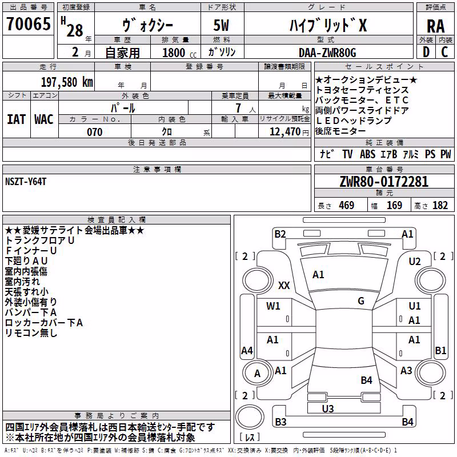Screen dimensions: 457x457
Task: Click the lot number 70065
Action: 28,23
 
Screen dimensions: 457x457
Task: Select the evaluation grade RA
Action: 435,26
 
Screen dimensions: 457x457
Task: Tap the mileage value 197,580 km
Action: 67,82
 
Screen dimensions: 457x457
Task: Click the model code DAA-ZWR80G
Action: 327,53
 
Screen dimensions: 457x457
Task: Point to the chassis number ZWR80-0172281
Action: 384,182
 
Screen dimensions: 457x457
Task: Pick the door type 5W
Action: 221,25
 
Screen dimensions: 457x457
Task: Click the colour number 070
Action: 95,132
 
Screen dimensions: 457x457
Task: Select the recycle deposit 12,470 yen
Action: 289,132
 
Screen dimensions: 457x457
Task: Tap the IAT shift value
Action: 17,119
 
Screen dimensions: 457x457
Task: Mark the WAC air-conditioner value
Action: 44,119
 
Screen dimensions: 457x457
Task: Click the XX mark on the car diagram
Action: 284,285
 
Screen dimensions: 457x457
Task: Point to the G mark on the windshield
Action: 361,300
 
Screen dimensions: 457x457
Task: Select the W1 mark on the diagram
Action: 273,306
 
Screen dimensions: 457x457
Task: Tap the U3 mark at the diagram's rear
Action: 328,408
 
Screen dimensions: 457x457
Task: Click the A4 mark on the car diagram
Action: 247,350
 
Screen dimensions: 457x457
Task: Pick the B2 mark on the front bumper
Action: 280,234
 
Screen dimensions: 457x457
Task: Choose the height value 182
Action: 440,205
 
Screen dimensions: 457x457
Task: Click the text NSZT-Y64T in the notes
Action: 26,182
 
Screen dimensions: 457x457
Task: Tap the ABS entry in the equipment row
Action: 367,154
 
